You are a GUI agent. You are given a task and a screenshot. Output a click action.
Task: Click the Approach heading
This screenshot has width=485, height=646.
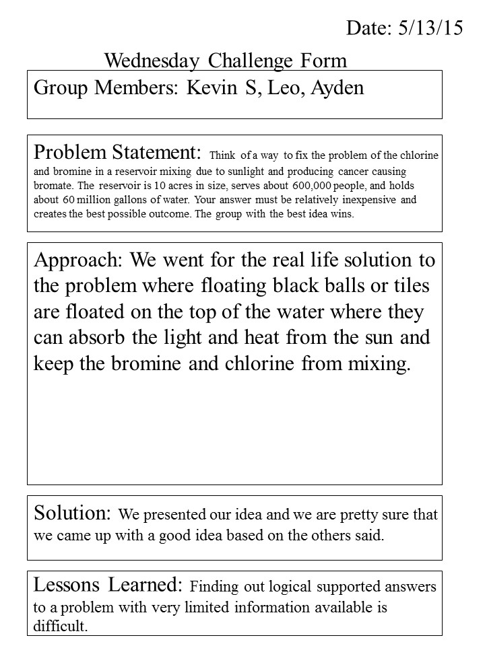coord(78,259)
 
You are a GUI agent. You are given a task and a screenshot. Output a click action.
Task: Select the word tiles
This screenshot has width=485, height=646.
coord(408,285)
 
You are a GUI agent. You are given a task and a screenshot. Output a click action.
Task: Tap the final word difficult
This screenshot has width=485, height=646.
coord(61,626)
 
